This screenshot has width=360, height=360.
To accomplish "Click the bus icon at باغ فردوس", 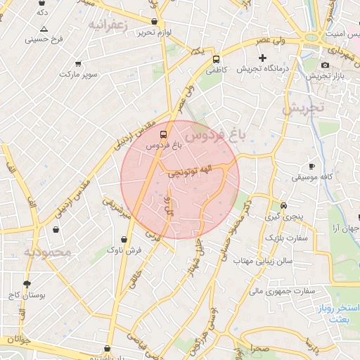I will tap(164, 133).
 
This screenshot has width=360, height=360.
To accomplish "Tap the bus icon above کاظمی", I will tap(217, 59).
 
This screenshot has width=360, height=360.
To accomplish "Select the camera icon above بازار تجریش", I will tap(325, 65).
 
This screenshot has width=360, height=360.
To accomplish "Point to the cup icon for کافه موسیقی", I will tap(312, 167).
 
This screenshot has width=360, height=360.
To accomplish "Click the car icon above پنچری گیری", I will tap(283, 206).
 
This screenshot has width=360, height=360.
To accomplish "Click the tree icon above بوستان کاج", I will tap(27, 285).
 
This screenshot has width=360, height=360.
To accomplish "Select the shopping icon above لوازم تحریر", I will tap(155, 22).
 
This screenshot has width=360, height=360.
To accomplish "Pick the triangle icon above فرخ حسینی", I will tap(44, 29).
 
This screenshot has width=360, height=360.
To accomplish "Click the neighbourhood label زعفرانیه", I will tap(108, 25).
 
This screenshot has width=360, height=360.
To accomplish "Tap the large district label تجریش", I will tap(303, 109).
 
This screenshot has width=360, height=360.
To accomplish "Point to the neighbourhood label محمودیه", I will tap(47, 252).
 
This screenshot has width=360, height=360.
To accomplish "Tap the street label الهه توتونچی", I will tap(188, 171).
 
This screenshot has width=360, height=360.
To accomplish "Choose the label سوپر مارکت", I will tap(78, 74).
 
